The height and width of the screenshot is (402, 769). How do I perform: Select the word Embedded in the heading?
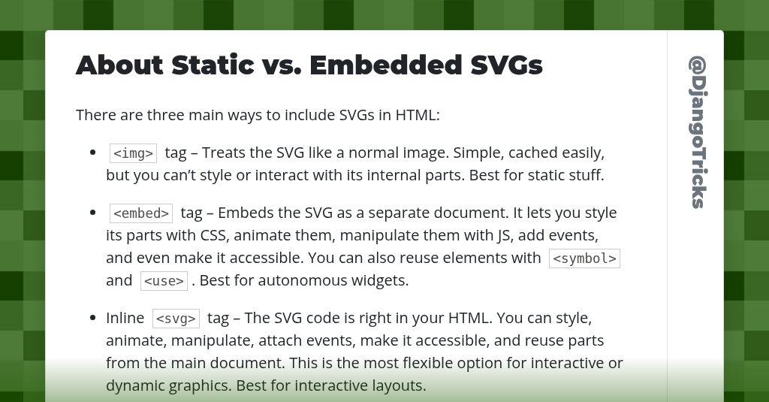(x=385, y=65)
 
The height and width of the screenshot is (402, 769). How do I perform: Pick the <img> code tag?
(x=133, y=153)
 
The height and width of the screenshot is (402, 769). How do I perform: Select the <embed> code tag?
(x=140, y=213)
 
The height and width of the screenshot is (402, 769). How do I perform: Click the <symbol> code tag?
(x=584, y=258)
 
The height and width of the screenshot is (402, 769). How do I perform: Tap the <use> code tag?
(x=163, y=282)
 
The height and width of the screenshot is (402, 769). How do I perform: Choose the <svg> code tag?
(x=176, y=319)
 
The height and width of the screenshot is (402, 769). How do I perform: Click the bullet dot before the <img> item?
(x=93, y=153)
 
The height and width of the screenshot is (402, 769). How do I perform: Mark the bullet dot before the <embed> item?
(x=93, y=213)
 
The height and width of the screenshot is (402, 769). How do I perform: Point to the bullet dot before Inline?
(x=93, y=319)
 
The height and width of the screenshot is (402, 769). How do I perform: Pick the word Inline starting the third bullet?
(x=125, y=319)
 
